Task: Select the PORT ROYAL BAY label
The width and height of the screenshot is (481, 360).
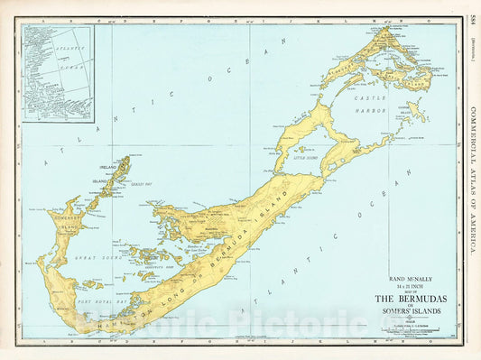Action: (x=96, y=300)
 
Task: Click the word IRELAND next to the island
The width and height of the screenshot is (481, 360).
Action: (x=110, y=166)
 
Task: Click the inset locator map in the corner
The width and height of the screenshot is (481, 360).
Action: (x=58, y=72)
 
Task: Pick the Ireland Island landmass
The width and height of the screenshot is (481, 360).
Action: (x=120, y=170)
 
